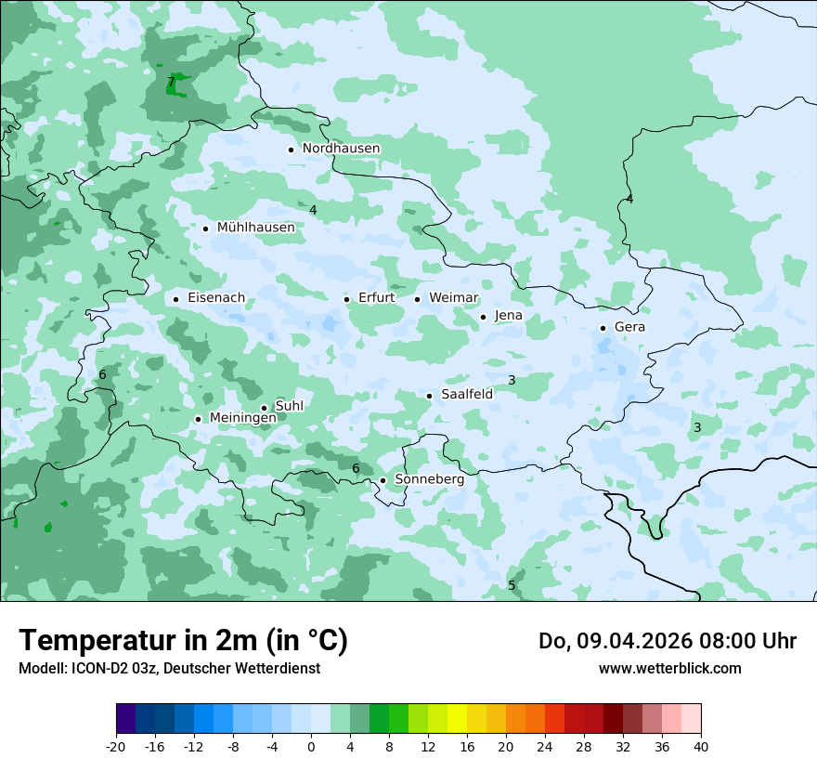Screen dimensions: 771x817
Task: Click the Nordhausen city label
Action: click(x=341, y=149)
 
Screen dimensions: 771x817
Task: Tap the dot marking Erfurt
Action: click(x=346, y=299)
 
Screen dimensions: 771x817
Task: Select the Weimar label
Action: click(x=453, y=298)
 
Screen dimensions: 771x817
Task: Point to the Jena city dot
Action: click(x=483, y=317)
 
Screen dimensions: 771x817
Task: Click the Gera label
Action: click(x=629, y=327)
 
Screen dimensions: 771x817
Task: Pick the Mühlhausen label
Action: click(x=255, y=228)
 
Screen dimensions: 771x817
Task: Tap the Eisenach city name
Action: click(x=216, y=298)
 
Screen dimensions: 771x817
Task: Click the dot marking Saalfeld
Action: click(x=429, y=396)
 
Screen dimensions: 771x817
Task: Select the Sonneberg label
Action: click(x=429, y=480)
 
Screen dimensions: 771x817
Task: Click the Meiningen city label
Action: click(x=242, y=418)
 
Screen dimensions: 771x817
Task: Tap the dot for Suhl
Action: click(x=264, y=408)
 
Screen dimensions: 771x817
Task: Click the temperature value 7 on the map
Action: click(x=171, y=83)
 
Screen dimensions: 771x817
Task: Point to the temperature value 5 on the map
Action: click(x=512, y=585)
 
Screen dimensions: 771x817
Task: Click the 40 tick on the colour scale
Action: click(x=700, y=747)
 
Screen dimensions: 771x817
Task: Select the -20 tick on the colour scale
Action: click(x=116, y=747)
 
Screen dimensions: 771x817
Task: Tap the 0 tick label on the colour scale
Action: click(x=311, y=747)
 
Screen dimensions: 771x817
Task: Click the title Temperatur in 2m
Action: click(x=183, y=640)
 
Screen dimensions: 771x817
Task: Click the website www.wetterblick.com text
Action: click(x=669, y=668)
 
